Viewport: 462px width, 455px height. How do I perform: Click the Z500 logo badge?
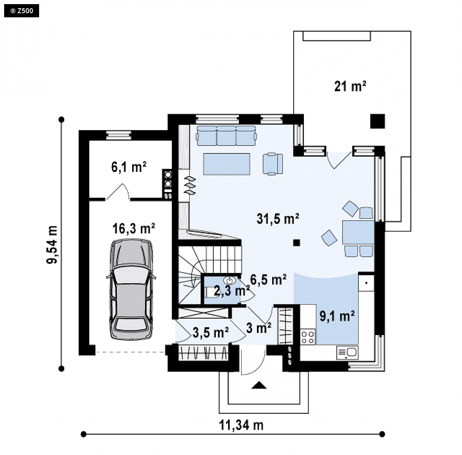[21, 11]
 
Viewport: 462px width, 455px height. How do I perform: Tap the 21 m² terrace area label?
[350, 86]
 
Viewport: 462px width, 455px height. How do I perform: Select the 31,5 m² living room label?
[278, 218]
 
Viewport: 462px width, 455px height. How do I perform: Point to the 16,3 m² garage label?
[133, 229]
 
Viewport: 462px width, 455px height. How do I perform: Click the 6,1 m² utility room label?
[129, 167]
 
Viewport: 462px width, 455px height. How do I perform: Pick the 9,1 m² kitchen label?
[337, 316]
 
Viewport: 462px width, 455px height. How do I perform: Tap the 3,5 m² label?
[211, 332]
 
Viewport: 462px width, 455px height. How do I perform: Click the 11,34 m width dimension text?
[241, 425]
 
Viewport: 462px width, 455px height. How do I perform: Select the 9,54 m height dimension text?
[52, 244]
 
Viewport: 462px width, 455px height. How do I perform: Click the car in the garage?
[131, 290]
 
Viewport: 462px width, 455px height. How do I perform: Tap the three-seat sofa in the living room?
[226, 136]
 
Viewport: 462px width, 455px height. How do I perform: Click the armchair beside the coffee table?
[273, 164]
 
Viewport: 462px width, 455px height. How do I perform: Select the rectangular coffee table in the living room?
[226, 164]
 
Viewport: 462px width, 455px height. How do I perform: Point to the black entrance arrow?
[259, 385]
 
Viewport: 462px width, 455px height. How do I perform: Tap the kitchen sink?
[348, 353]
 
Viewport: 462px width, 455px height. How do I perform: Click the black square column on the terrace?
[378, 121]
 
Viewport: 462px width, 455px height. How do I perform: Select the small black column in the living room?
[296, 243]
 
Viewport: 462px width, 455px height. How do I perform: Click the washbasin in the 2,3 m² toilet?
[229, 280]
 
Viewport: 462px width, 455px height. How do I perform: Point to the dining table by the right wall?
[358, 232]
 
